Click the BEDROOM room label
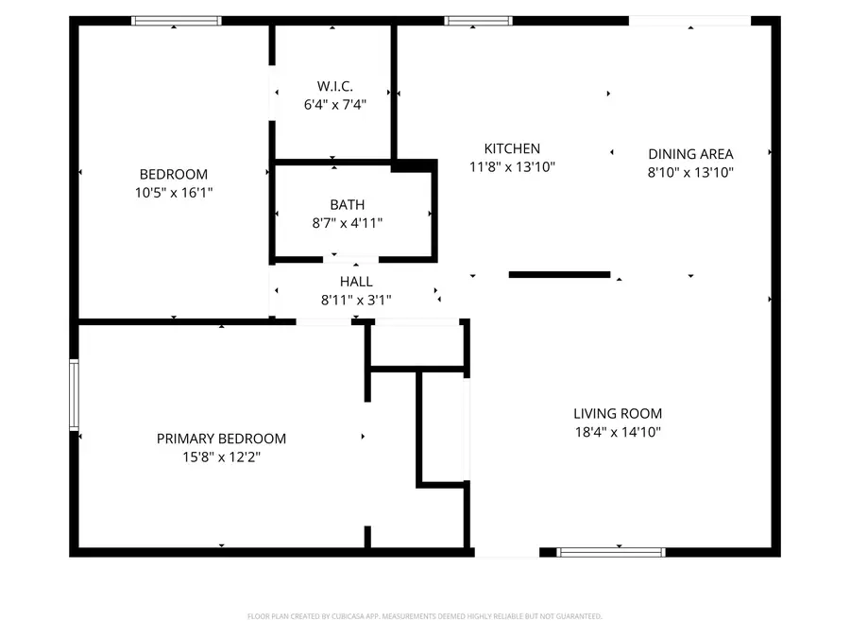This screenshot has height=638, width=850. tap(173, 174)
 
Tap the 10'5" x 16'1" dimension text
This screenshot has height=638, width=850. tap(173, 192)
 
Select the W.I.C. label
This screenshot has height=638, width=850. tap(334, 86)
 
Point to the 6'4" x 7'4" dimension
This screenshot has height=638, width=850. tap(334, 105)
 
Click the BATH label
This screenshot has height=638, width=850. tap(347, 204)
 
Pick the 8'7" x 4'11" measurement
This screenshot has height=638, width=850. tap(347, 223)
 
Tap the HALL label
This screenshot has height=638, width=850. tap(356, 282)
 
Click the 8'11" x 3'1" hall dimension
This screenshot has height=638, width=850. tap(356, 301)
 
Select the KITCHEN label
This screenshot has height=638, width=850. tap(512, 148)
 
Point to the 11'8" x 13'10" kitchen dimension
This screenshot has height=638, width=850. tap(512, 167)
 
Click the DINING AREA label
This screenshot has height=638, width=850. tap(690, 154)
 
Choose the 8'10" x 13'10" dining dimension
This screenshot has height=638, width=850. tap(690, 172)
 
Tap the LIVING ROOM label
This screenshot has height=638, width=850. tap(618, 413)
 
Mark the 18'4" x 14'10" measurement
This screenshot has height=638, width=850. tap(618, 432)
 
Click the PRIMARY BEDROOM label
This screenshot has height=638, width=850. tap(221, 439)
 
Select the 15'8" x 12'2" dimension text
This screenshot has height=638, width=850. tap(221, 457)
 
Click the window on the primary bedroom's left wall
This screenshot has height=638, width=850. tap(74, 394)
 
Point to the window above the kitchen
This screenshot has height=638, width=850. tap(478, 20)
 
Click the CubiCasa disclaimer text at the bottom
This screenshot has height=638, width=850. tap(424, 616)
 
